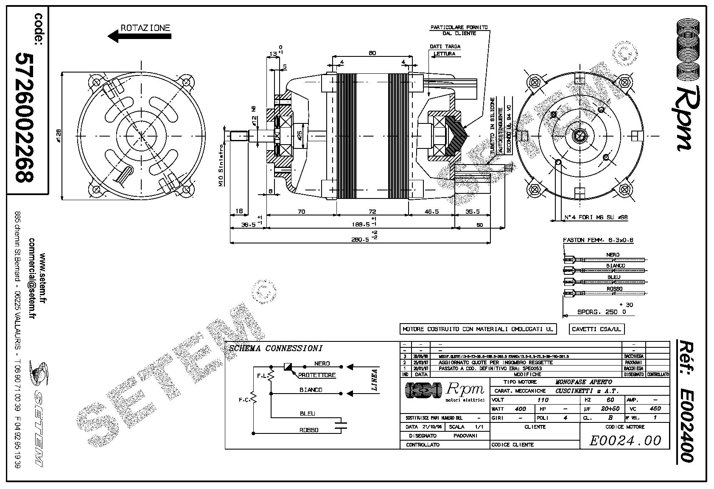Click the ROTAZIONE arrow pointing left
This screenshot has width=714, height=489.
click(140, 36)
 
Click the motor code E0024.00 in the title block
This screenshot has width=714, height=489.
click(625, 441)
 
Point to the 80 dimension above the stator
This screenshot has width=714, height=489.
click(372, 53)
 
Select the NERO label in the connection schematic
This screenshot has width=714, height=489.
click(322, 363)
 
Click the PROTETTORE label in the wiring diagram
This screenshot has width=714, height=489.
click(317, 375)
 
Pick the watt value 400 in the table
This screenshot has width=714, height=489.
click(520, 409)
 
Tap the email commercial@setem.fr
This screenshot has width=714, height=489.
click(32, 278)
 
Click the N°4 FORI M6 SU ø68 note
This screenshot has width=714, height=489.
click(596, 218)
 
